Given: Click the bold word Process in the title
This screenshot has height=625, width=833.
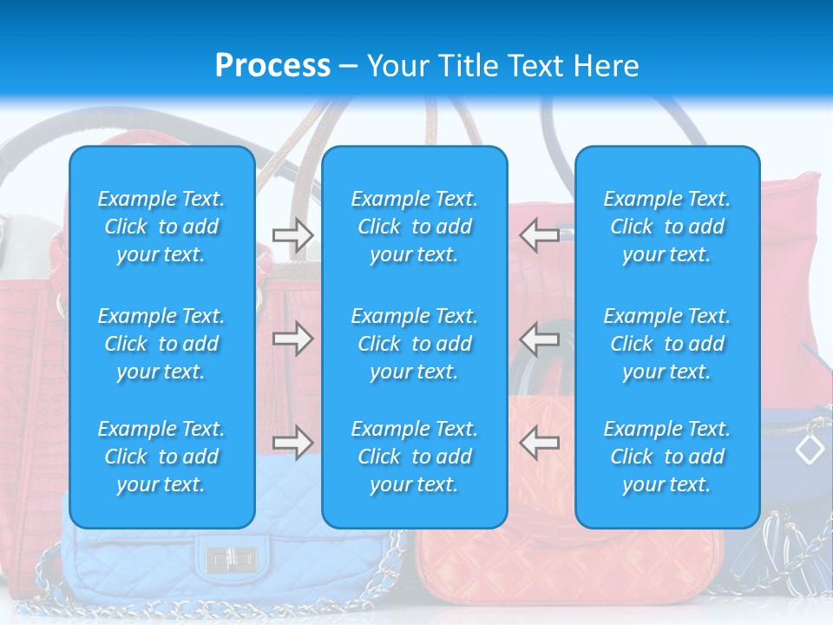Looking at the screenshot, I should tap(272, 66).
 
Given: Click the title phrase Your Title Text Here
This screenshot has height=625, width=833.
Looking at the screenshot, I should tap(503, 66).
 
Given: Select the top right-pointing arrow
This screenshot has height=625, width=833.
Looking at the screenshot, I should tap(292, 234).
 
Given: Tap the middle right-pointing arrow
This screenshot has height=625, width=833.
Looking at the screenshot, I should tap(292, 339).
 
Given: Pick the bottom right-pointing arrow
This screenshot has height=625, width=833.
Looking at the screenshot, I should tap(292, 443).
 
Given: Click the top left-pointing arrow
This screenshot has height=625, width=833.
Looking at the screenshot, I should tap(539, 234).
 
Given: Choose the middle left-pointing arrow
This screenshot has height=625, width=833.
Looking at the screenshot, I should tap(539, 339).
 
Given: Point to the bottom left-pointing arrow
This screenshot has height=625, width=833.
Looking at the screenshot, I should tap(539, 443).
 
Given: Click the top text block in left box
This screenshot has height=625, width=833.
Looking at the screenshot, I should tap(161, 227).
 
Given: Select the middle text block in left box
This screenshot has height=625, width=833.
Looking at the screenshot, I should tap(161, 344).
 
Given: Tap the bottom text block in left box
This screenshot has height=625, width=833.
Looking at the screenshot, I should tap(161, 457).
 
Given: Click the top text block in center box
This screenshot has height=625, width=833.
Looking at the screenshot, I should tap(414, 227).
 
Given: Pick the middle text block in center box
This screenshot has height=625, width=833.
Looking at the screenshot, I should tap(414, 344).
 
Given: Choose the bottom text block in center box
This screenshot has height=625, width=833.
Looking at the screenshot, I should tap(414, 457).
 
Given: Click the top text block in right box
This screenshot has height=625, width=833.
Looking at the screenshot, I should tap(666, 227).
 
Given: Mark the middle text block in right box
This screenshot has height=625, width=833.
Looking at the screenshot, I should tap(666, 344).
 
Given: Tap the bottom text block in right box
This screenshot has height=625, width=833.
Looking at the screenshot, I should tap(666, 457).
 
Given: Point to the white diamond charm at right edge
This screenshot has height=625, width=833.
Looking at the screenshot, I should tap(810, 449).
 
